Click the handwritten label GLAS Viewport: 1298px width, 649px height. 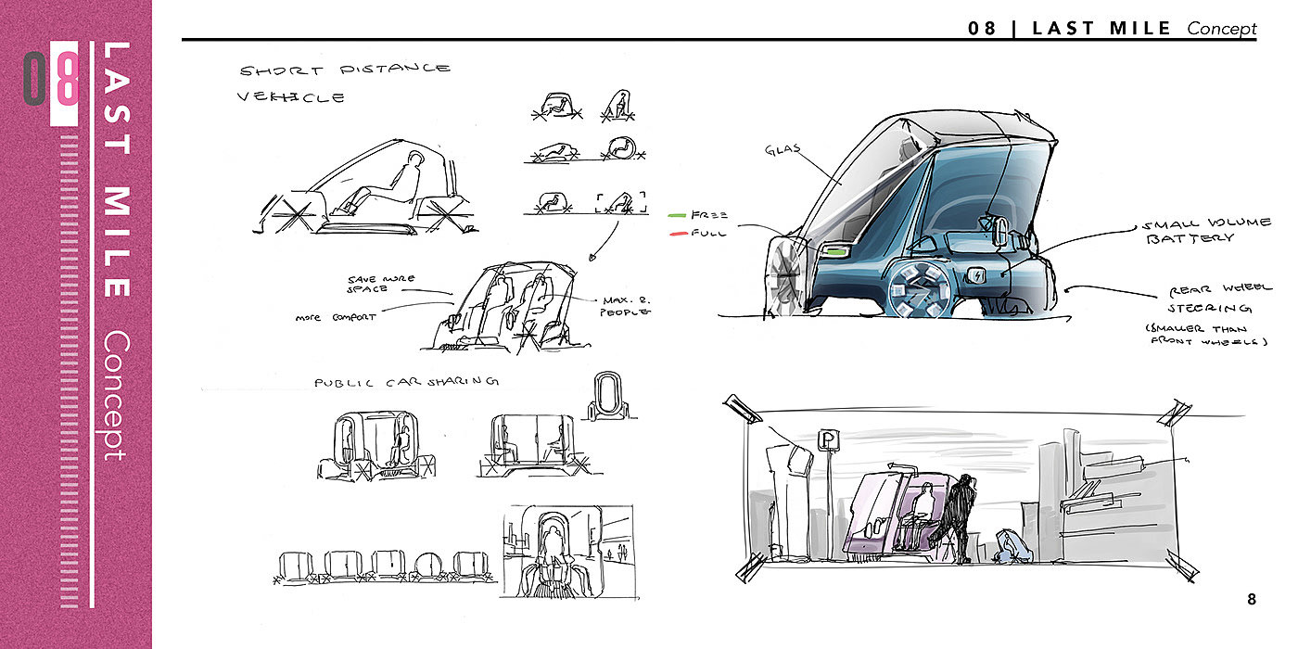click(x=783, y=149)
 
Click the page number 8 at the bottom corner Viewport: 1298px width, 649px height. click(x=1252, y=600)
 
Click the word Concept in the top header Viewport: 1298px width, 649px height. click(x=1221, y=29)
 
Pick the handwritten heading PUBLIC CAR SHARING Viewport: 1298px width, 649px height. click(x=407, y=382)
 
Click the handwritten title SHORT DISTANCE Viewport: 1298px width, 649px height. click(x=345, y=70)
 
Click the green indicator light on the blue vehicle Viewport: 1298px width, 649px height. click(x=837, y=251)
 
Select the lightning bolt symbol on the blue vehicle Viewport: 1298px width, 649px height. click(x=979, y=275)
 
